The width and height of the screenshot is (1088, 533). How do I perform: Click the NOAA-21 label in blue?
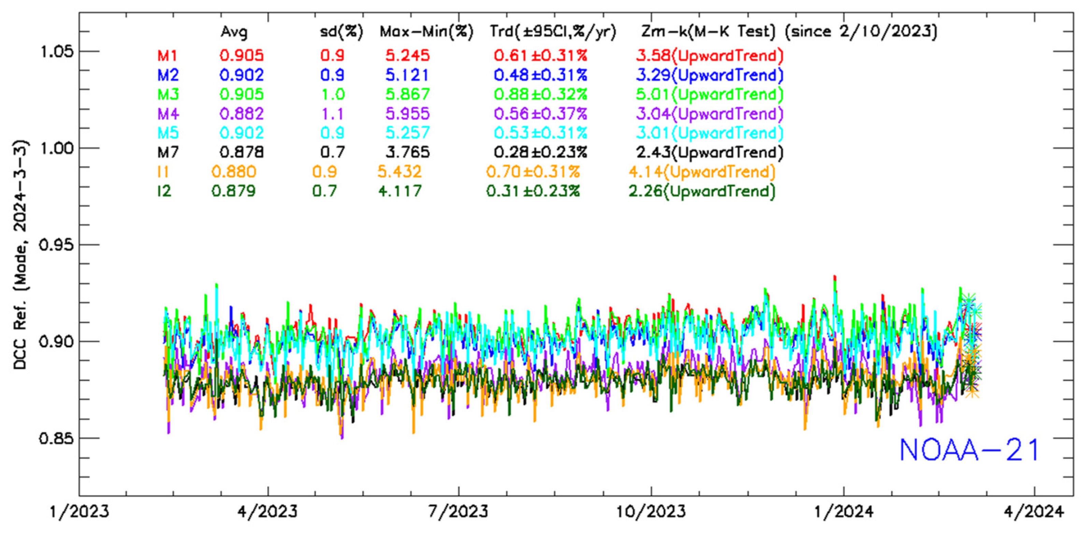click(969, 450)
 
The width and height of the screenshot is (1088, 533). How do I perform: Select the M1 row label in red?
click(168, 56)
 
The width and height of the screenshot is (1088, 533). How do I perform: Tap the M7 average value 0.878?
click(242, 152)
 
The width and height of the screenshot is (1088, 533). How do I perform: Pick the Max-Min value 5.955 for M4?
click(408, 114)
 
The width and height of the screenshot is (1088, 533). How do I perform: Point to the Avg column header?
click(234, 32)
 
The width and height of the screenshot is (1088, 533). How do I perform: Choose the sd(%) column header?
click(341, 32)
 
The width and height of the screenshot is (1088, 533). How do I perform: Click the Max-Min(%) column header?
click(426, 32)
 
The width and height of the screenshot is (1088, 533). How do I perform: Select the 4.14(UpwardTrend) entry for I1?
click(702, 172)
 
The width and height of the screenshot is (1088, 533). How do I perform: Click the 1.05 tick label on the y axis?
click(56, 51)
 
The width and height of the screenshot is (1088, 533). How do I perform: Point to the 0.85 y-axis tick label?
click(56, 438)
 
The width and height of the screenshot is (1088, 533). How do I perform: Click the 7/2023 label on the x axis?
click(459, 512)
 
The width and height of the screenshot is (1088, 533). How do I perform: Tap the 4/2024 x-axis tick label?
click(1034, 512)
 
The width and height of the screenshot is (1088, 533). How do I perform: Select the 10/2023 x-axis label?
click(651, 512)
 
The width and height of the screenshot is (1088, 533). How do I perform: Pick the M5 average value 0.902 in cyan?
click(242, 133)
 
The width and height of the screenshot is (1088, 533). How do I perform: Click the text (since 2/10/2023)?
click(861, 32)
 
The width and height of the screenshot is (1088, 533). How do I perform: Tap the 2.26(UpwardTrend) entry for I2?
click(702, 192)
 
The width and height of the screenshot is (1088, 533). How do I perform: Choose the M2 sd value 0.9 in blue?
click(332, 75)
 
